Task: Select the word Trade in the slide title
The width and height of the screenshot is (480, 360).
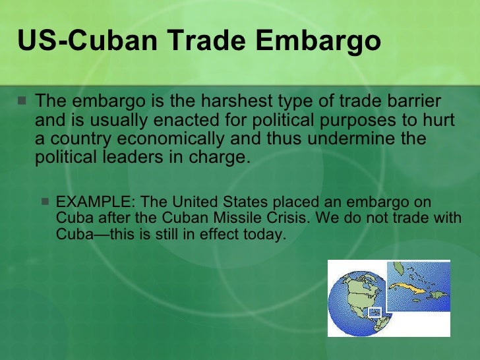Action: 210,41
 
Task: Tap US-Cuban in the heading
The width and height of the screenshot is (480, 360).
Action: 88,41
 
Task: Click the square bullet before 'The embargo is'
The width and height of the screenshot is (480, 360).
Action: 23,103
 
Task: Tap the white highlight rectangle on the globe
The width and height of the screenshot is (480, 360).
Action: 374,311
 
